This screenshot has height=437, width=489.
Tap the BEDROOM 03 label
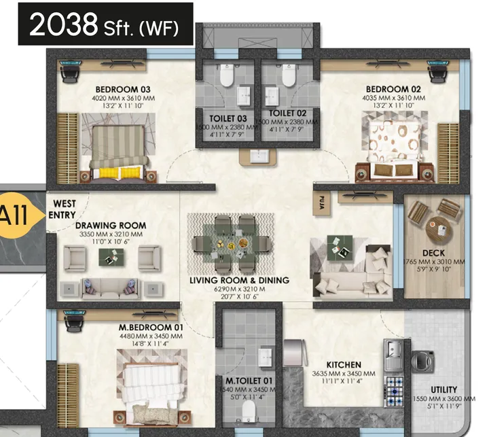tap(122, 89)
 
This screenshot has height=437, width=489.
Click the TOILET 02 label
tap(287, 113)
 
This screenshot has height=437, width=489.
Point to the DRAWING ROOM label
tap(110, 226)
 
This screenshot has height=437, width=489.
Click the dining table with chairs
tap(232, 242)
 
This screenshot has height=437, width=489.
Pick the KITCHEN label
tap(343, 365)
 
